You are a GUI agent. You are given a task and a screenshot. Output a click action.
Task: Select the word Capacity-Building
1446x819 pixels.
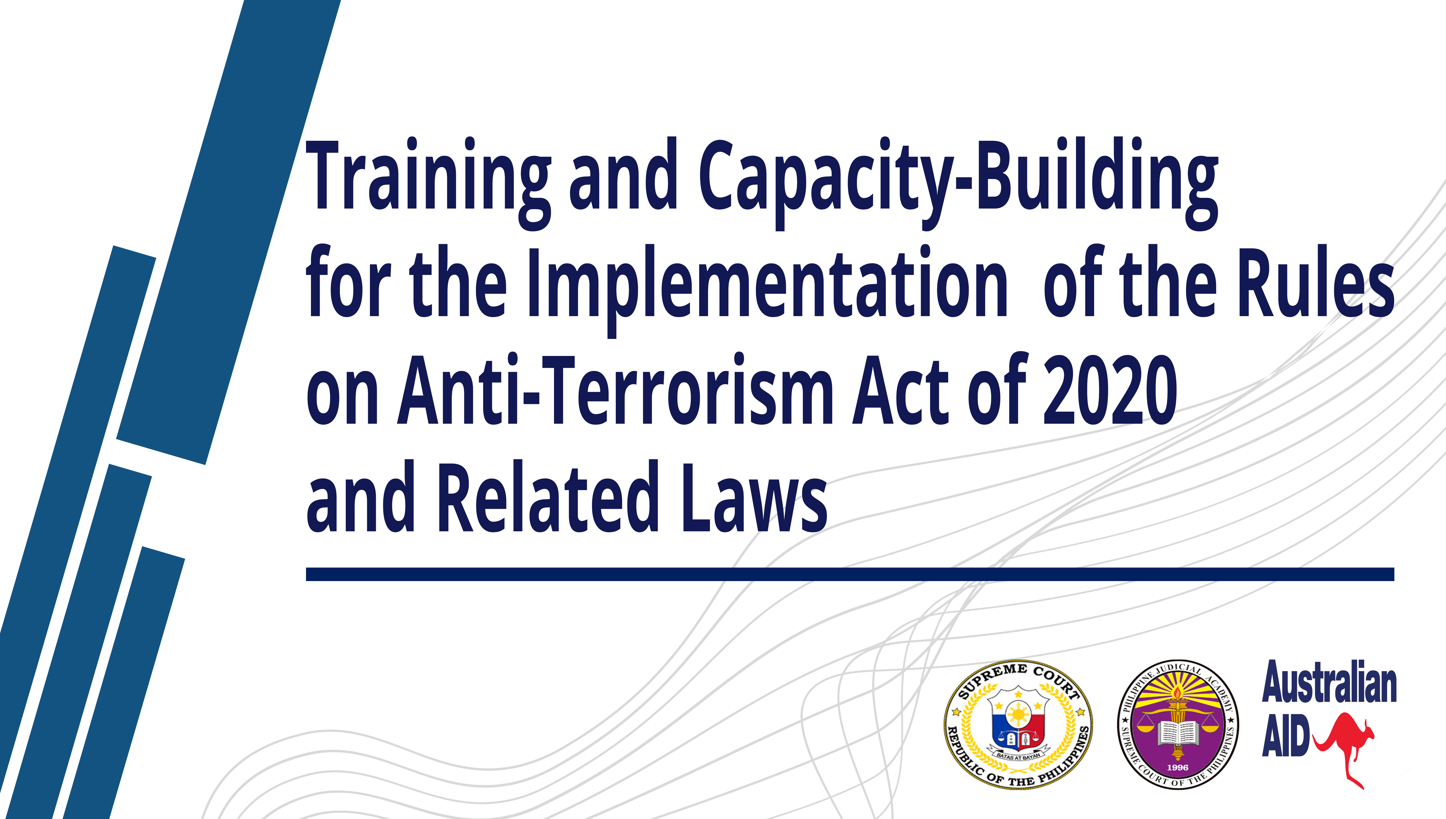959,183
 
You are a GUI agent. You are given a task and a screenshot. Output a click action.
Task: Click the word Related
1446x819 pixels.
548,496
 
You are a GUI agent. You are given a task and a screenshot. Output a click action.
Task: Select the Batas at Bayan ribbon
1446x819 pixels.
1018,757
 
